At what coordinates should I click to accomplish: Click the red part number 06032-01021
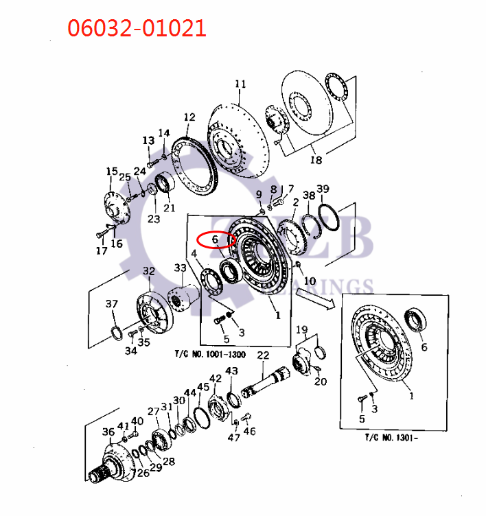136,28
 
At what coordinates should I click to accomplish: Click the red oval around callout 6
216,240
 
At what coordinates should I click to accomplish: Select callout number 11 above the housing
240,84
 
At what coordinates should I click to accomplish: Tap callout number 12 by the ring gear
189,117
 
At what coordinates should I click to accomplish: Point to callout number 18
316,160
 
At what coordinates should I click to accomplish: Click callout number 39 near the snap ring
323,189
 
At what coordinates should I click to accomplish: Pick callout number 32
148,271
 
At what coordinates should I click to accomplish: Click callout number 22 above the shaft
263,355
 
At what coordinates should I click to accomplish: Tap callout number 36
108,432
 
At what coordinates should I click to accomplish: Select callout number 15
111,172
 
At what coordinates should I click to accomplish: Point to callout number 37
111,304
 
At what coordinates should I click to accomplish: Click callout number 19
301,331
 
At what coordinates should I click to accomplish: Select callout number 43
231,371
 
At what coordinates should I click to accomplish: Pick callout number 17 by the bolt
101,250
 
